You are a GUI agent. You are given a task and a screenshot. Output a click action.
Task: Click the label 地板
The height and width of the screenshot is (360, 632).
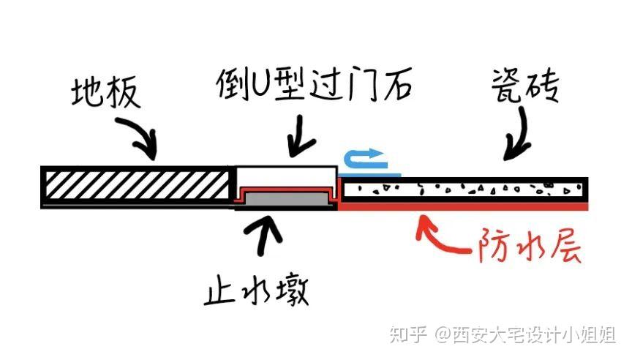pos(106,93)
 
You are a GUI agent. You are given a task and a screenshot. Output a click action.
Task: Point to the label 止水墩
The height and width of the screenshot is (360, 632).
pos(256,290)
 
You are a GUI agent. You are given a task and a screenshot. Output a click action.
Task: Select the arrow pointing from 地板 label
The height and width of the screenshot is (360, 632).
pos(138,135)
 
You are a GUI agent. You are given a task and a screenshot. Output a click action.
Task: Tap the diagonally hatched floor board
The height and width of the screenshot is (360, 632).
pos(135,184)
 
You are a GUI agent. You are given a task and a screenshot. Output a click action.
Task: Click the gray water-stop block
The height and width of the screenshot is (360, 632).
pos(286,198)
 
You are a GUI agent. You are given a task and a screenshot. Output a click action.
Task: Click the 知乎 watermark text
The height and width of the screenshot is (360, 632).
pos(408,335)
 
